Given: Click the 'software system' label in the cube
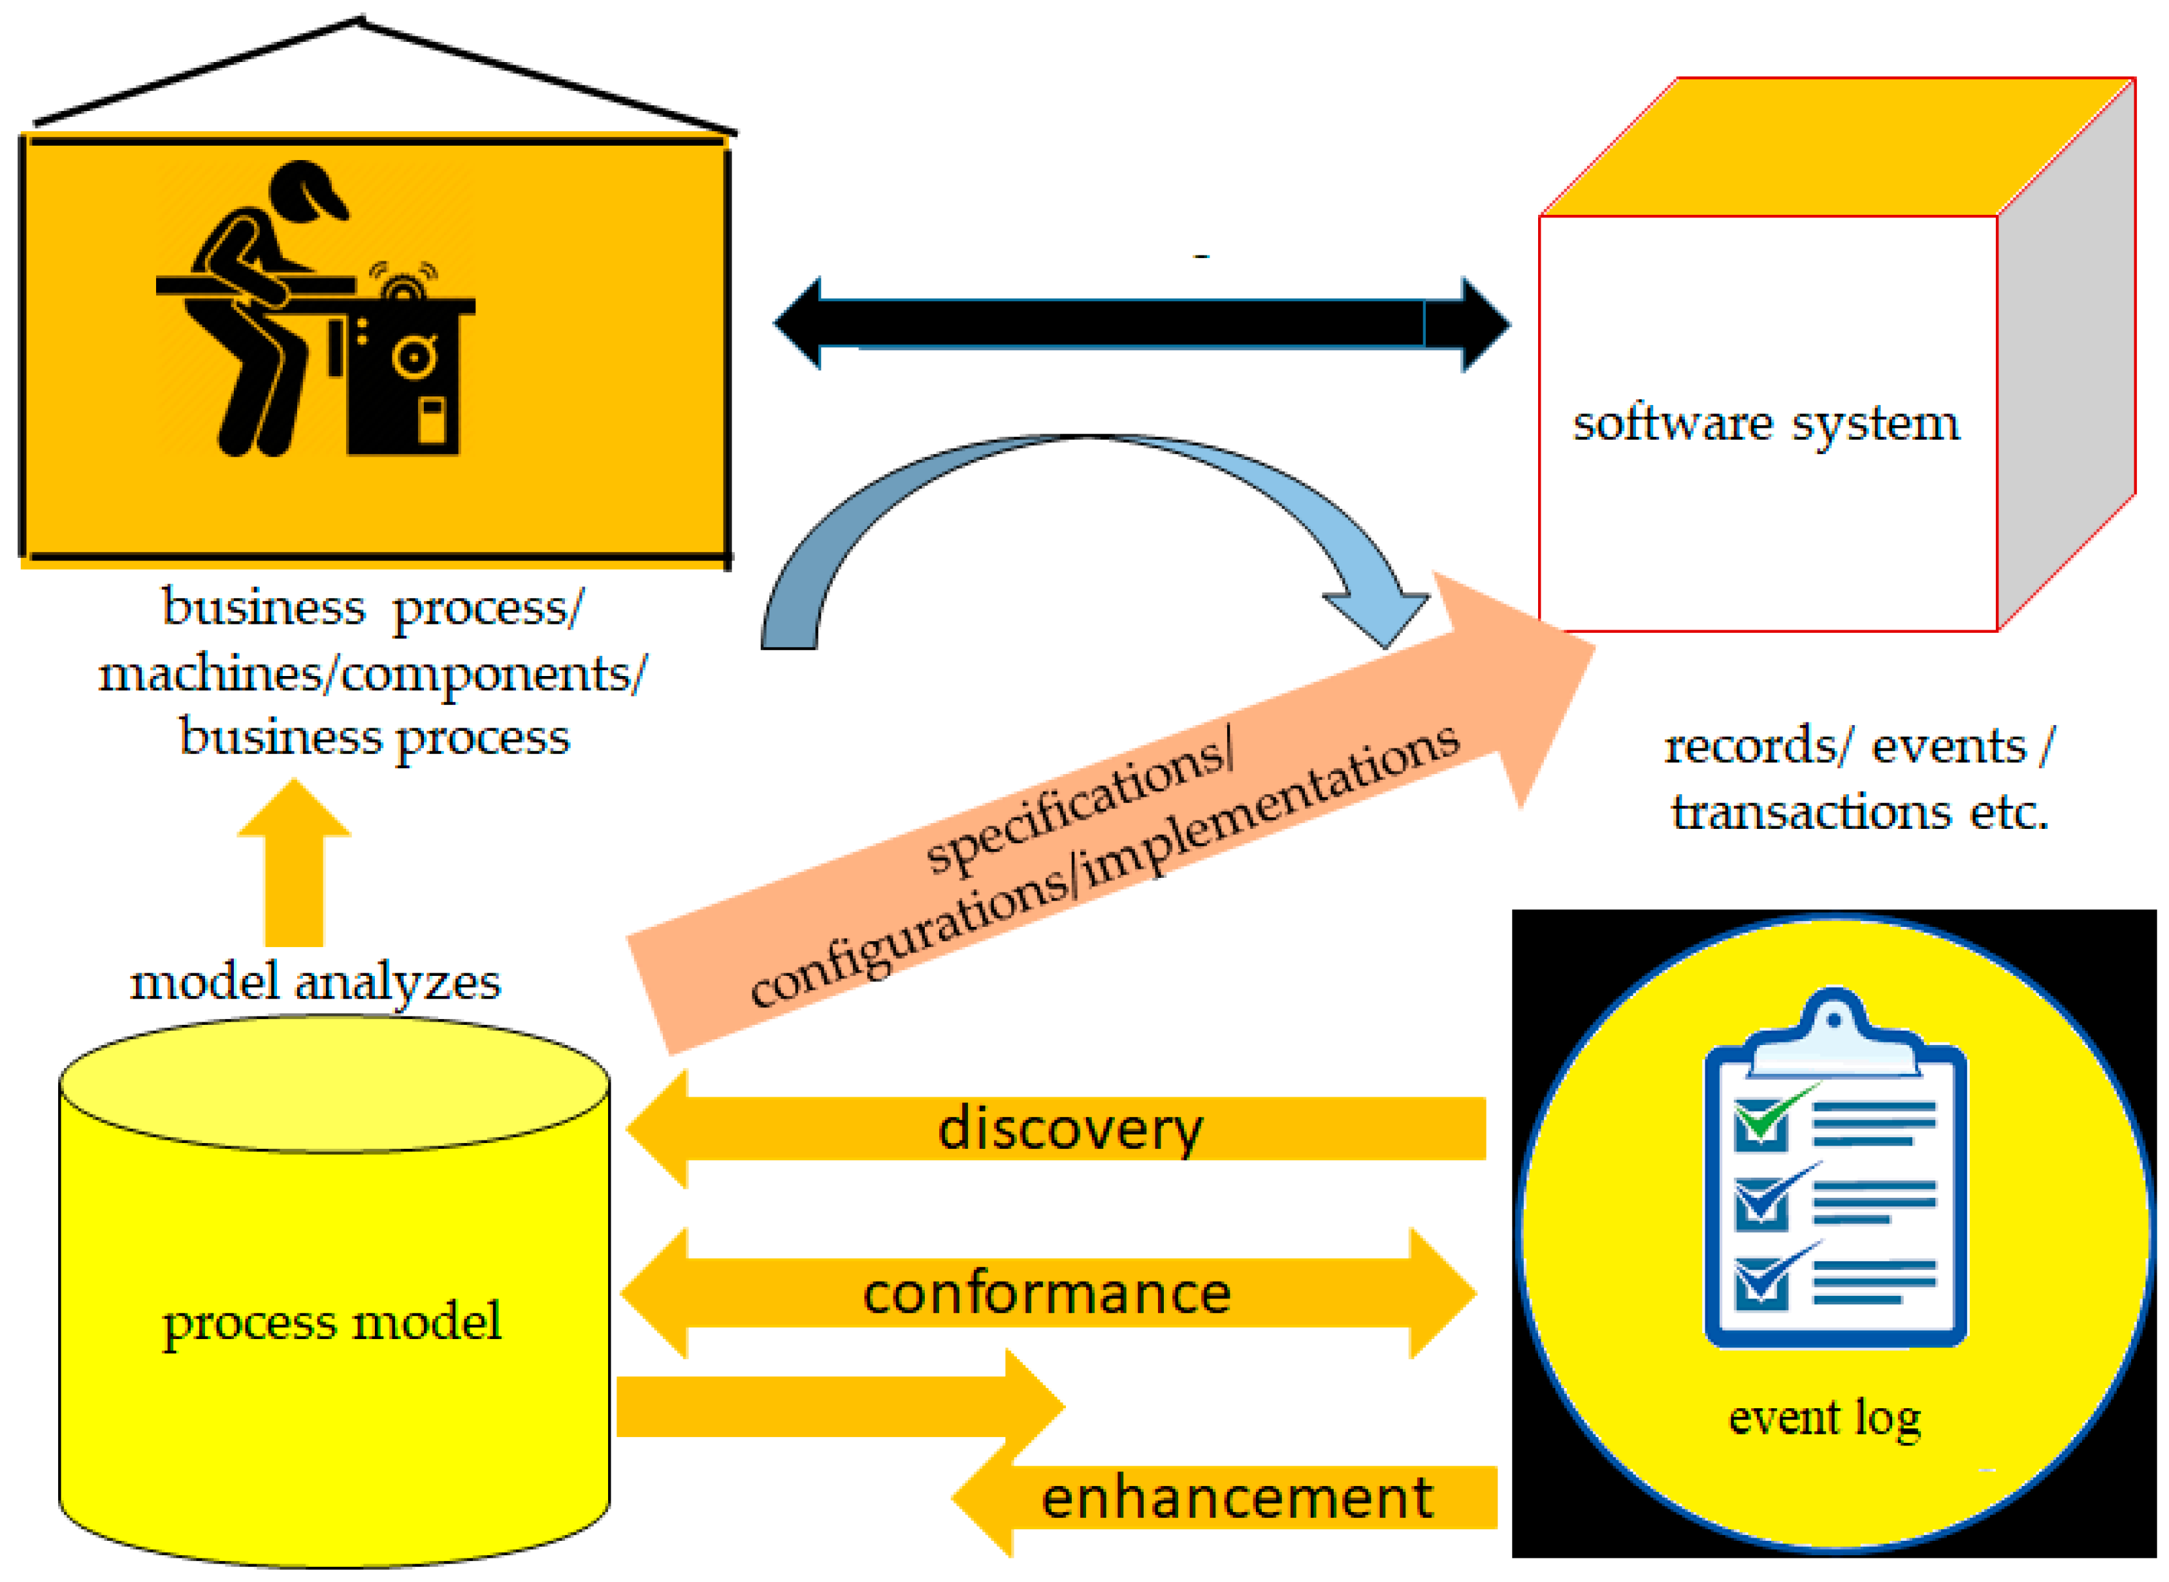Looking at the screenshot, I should click(1765, 423).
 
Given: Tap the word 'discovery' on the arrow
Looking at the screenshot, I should click(1070, 1131).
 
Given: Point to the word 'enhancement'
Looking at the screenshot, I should click(1236, 1498).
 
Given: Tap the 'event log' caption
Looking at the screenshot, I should click(1824, 1418).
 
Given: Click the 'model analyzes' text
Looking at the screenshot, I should click(315, 982).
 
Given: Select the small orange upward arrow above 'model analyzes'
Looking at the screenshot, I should click(294, 862).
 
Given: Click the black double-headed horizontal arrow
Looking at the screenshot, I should click(1140, 324).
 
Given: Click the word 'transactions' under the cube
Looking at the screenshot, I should click(1810, 812).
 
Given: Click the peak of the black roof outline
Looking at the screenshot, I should click(361, 21).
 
